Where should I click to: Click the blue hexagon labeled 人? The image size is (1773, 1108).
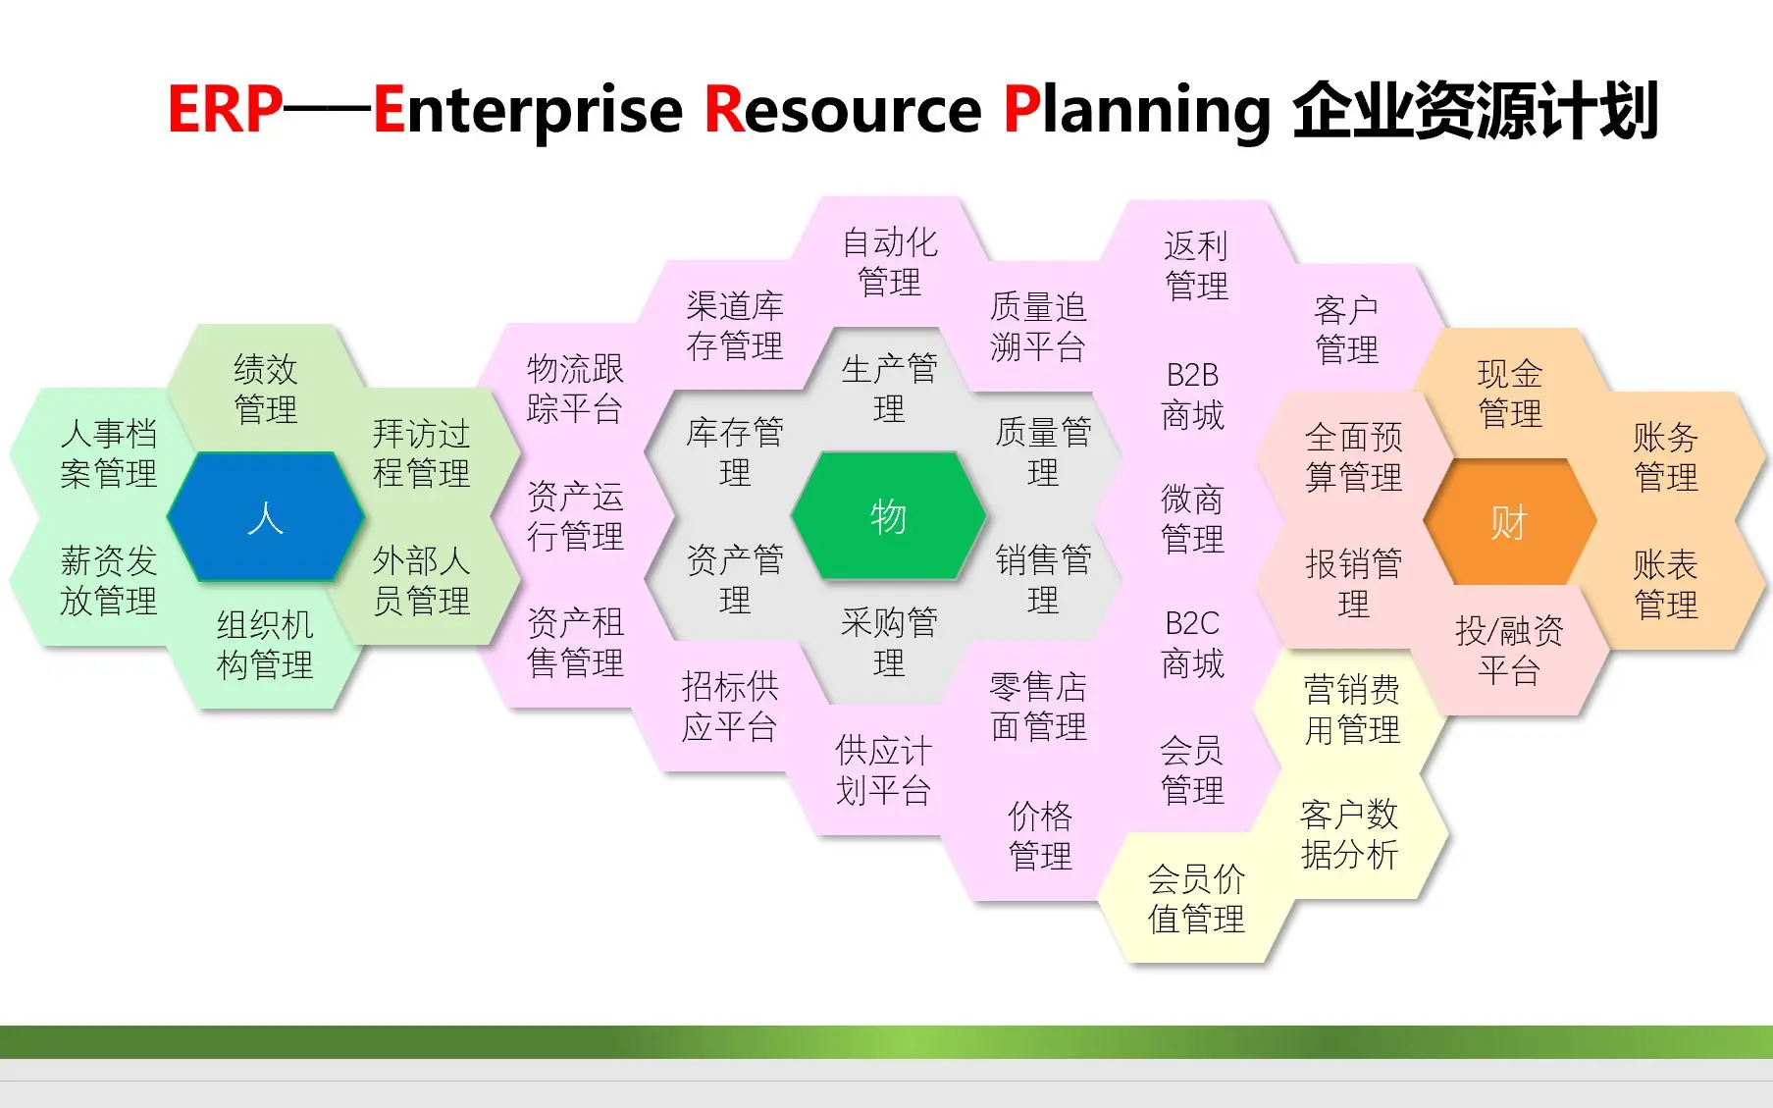[x=265, y=517]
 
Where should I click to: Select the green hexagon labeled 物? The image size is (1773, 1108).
[x=888, y=516]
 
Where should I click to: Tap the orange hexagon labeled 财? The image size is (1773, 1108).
[x=1509, y=522]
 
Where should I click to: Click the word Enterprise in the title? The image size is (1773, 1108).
[x=528, y=110]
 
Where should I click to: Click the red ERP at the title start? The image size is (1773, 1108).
[x=225, y=109]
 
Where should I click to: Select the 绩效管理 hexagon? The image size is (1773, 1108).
[x=265, y=389]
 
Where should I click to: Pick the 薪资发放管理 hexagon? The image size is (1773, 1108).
[x=108, y=581]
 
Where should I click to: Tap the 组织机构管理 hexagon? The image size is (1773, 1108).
[x=265, y=645]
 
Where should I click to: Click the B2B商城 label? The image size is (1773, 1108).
[x=1192, y=395]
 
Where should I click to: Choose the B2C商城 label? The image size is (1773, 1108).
[x=1192, y=644]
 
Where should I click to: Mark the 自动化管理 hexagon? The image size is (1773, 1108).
[x=890, y=262]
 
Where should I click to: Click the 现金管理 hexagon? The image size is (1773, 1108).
[x=1509, y=393]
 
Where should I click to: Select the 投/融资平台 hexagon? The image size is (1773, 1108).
[x=1509, y=651]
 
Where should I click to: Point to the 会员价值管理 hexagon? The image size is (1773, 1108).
[x=1195, y=898]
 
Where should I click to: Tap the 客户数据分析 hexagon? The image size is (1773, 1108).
[x=1350, y=834]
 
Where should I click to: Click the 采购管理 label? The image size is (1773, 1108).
[x=889, y=642]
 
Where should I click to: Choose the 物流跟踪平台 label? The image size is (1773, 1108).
[x=575, y=389]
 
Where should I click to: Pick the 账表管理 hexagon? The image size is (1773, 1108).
[x=1665, y=585]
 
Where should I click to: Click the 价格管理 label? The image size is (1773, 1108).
[x=1040, y=835]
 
